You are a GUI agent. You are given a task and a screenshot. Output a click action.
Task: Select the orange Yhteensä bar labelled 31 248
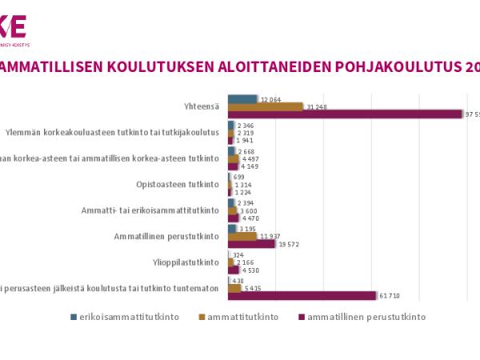pyautogui.click(x=265, y=106)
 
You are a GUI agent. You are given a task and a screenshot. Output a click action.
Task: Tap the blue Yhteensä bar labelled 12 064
pyautogui.click(x=242, y=99)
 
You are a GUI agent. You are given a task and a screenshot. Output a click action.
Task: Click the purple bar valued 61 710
pyautogui.click(x=302, y=296)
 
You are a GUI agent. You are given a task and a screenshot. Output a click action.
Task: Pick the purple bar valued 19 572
pyautogui.click(x=251, y=243)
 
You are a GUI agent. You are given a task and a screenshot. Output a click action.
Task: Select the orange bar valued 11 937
pyautogui.click(x=242, y=236)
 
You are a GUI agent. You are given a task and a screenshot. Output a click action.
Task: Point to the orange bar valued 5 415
pyautogui.click(x=234, y=289)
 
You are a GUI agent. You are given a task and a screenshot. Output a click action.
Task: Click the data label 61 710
pyautogui.click(x=389, y=296)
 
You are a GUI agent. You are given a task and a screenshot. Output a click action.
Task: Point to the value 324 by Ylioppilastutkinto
pyautogui.click(x=237, y=255)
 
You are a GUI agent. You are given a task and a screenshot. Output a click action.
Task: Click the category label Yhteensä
pyautogui.click(x=201, y=106)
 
